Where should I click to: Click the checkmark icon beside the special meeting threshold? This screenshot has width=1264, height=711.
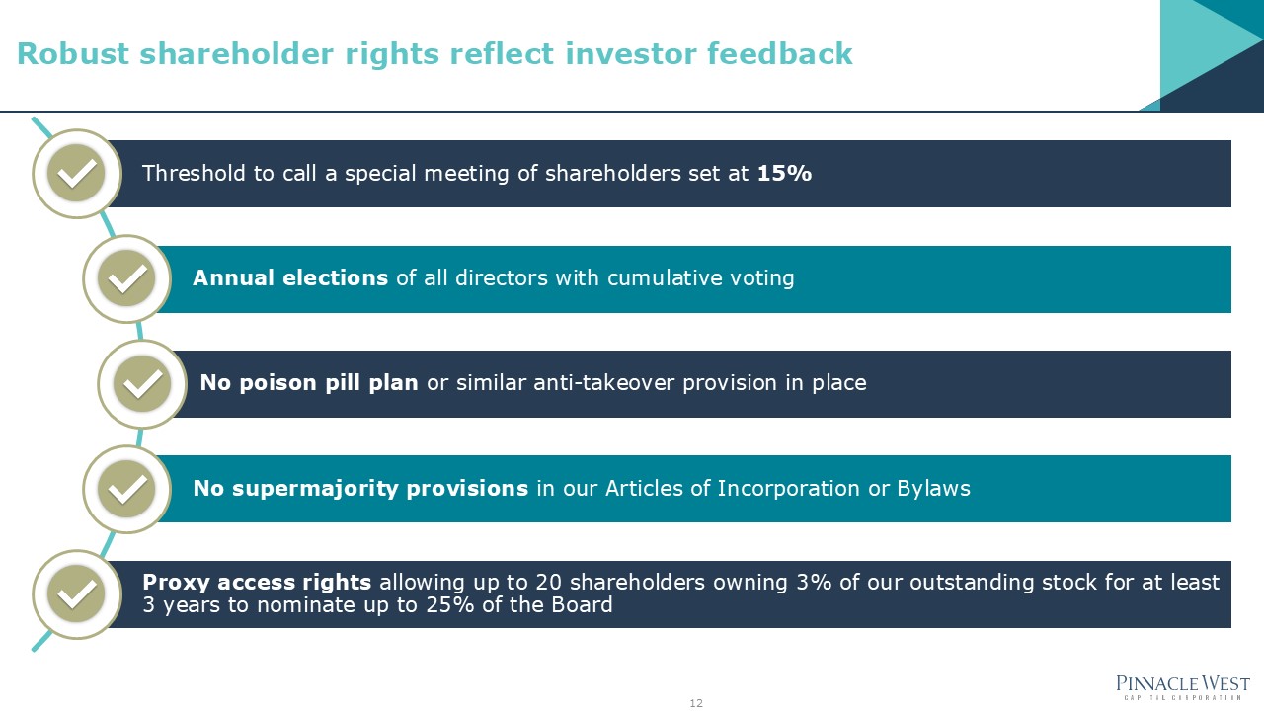[77, 174]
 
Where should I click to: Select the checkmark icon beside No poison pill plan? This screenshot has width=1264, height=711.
[142, 384]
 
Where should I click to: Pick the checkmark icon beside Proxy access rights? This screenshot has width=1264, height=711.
[77, 593]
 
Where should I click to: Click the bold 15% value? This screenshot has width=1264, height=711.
[784, 174]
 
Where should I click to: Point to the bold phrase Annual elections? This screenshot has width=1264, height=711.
[290, 278]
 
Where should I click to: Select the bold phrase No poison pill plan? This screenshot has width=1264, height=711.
[309, 383]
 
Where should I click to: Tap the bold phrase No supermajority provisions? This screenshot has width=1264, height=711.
[360, 488]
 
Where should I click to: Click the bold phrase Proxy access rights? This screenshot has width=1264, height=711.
[257, 583]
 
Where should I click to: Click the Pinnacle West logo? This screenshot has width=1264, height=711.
[1182, 686]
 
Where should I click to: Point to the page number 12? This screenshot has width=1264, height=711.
[696, 703]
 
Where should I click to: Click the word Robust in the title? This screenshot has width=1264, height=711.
[74, 54]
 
